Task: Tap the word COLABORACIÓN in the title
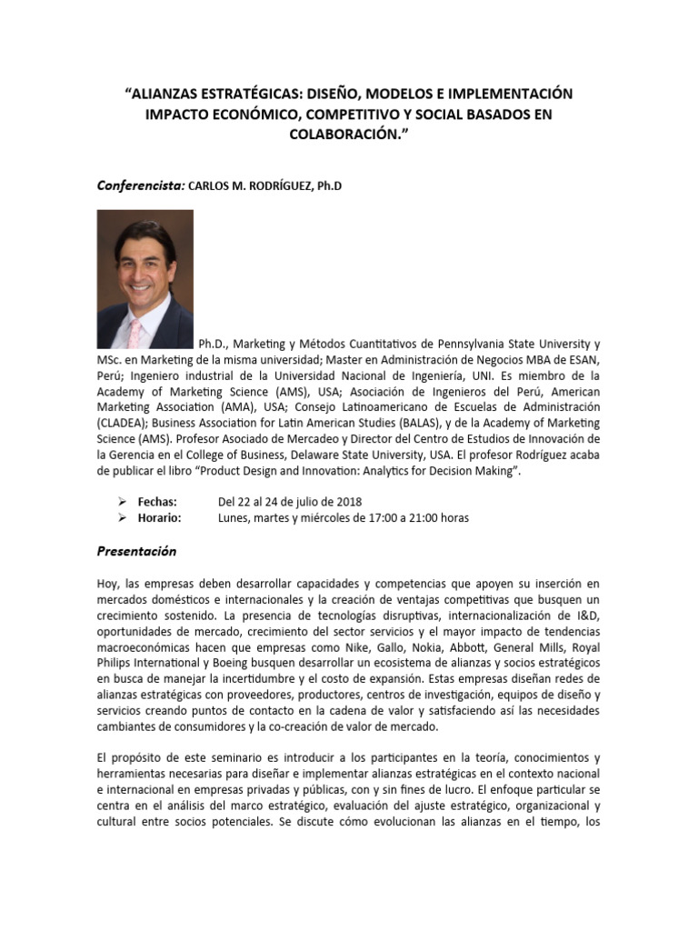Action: click(344, 134)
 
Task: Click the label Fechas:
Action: click(157, 502)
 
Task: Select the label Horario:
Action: click(159, 518)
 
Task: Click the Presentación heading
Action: click(137, 552)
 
